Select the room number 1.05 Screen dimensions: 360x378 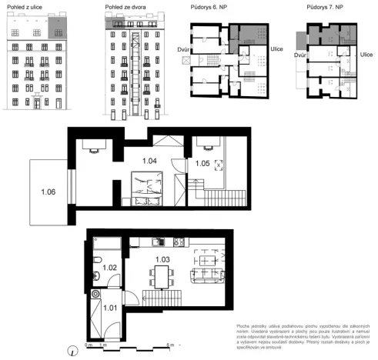202,162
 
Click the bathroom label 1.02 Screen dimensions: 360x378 109,268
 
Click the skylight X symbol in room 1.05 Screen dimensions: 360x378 218,164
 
